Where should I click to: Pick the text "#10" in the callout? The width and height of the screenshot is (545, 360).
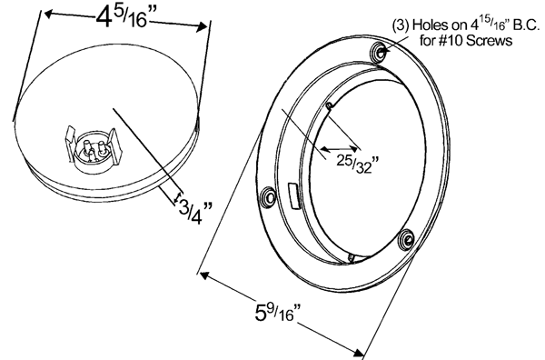(451, 40)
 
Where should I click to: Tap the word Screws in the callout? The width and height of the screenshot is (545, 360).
(489, 40)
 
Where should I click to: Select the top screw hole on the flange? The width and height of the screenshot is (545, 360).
(380, 52)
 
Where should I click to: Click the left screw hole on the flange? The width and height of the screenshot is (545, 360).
(269, 197)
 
